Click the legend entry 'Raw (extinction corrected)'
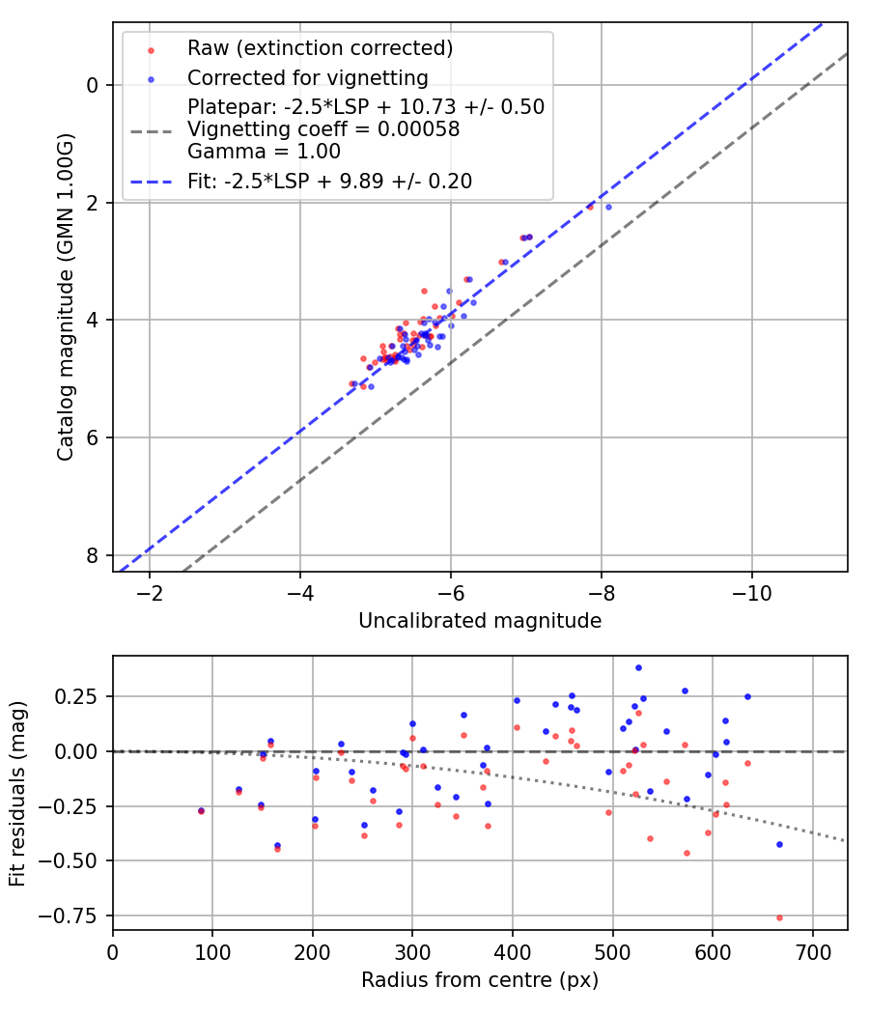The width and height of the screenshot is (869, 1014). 320,47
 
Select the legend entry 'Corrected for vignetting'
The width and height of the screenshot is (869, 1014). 308,77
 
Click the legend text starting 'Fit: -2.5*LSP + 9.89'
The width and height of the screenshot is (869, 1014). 329,181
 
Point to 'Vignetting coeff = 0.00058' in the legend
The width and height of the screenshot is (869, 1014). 323,129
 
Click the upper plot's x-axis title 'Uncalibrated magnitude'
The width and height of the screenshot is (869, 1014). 480,621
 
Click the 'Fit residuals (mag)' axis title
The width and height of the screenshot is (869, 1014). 17,792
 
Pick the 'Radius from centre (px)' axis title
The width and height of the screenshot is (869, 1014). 480,980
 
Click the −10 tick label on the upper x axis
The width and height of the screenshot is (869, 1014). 752,592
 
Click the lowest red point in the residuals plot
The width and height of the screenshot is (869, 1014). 779,917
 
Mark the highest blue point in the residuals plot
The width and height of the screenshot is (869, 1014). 638,667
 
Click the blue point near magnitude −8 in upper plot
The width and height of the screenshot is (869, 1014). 608,207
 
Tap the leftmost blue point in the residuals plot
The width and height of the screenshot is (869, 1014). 201,810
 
